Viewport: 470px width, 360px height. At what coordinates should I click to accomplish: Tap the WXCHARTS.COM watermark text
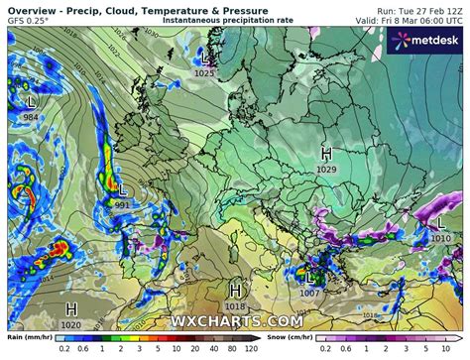pyautogui.click(x=235, y=321)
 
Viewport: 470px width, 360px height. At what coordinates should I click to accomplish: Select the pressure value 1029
pyautogui.click(x=326, y=171)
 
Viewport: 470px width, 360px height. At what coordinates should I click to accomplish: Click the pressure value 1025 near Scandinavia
pyautogui.click(x=205, y=73)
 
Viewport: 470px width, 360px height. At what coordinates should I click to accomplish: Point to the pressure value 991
pyautogui.click(x=122, y=204)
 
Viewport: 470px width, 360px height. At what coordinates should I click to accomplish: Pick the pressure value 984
pyautogui.click(x=31, y=118)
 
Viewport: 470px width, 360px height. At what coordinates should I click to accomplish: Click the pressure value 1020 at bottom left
pyautogui.click(x=71, y=324)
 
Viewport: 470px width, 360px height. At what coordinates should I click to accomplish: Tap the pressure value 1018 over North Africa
pyautogui.click(x=235, y=306)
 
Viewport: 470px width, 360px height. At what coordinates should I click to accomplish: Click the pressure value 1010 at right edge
pyautogui.click(x=441, y=238)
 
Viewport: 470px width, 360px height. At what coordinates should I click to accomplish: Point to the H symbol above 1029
pyautogui.click(x=326, y=153)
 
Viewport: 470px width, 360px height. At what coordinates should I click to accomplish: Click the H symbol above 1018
pyautogui.click(x=235, y=290)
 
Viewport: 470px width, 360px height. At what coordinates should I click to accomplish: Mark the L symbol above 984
pyautogui.click(x=31, y=101)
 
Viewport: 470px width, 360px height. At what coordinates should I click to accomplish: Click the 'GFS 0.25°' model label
pyautogui.click(x=27, y=20)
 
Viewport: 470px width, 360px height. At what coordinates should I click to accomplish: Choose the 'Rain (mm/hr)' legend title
pyautogui.click(x=30, y=337)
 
